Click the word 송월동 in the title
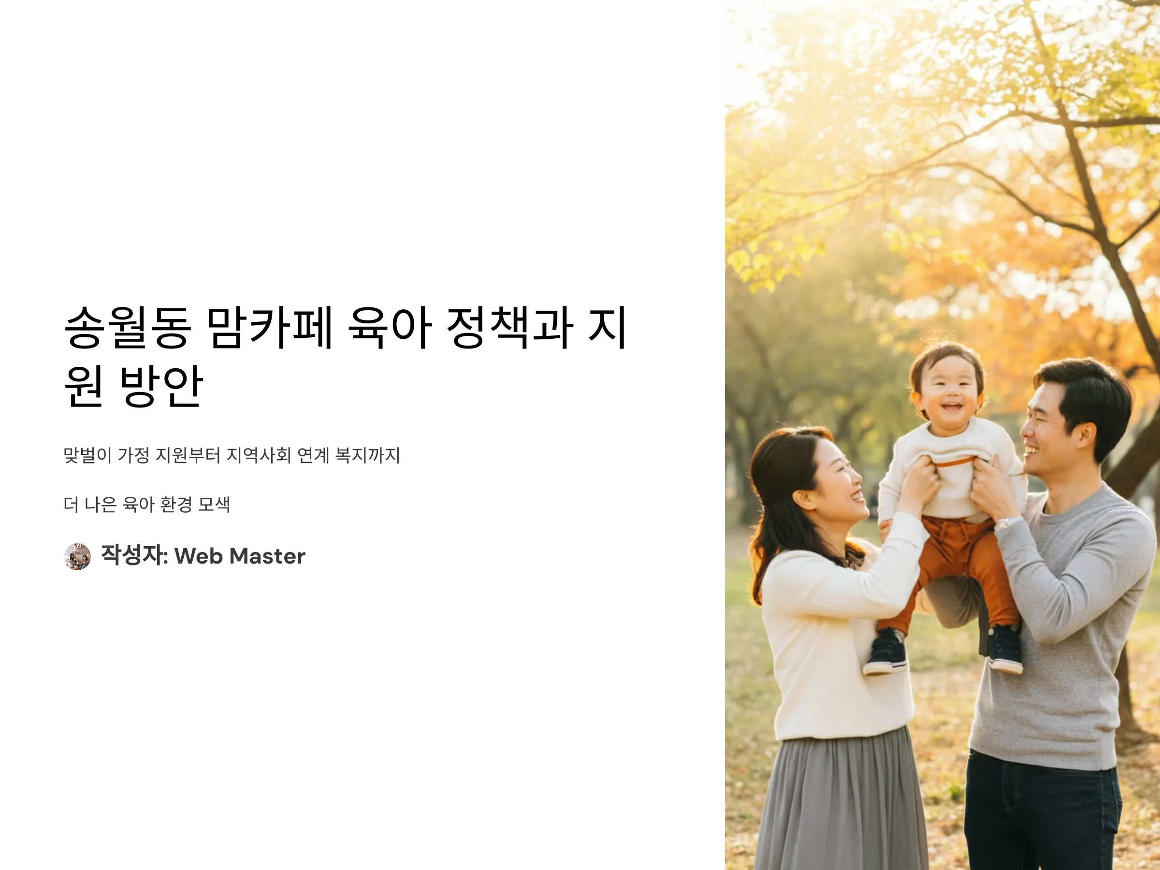pos(127,327)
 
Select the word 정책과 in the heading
pos(510,327)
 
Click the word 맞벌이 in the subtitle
pos(87,455)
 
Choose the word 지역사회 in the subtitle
pos(258,455)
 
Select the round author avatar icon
pos(77,556)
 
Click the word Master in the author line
pos(267,556)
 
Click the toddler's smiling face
pos(949,393)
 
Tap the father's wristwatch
pos(1003,523)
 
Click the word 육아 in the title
pos(390,327)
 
